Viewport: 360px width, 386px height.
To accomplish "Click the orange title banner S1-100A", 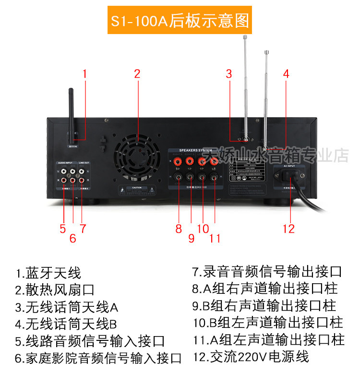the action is click(x=180, y=22).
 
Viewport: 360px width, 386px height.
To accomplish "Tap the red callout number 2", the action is click(x=137, y=74).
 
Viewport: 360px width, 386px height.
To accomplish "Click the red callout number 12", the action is click(x=288, y=229).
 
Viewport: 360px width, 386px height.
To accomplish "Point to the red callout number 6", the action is click(x=72, y=238).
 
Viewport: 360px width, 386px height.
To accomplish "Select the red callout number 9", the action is click(x=191, y=238).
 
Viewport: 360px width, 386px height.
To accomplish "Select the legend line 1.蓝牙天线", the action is click(x=48, y=274).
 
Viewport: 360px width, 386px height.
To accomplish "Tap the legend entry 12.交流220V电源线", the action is click(x=251, y=357).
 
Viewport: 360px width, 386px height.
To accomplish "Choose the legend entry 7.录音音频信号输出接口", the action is click(x=267, y=272).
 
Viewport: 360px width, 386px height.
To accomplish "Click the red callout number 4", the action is click(x=286, y=74).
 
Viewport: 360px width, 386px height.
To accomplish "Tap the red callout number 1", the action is click(x=85, y=74).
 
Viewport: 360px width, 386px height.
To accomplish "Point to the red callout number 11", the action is click(x=215, y=238).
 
